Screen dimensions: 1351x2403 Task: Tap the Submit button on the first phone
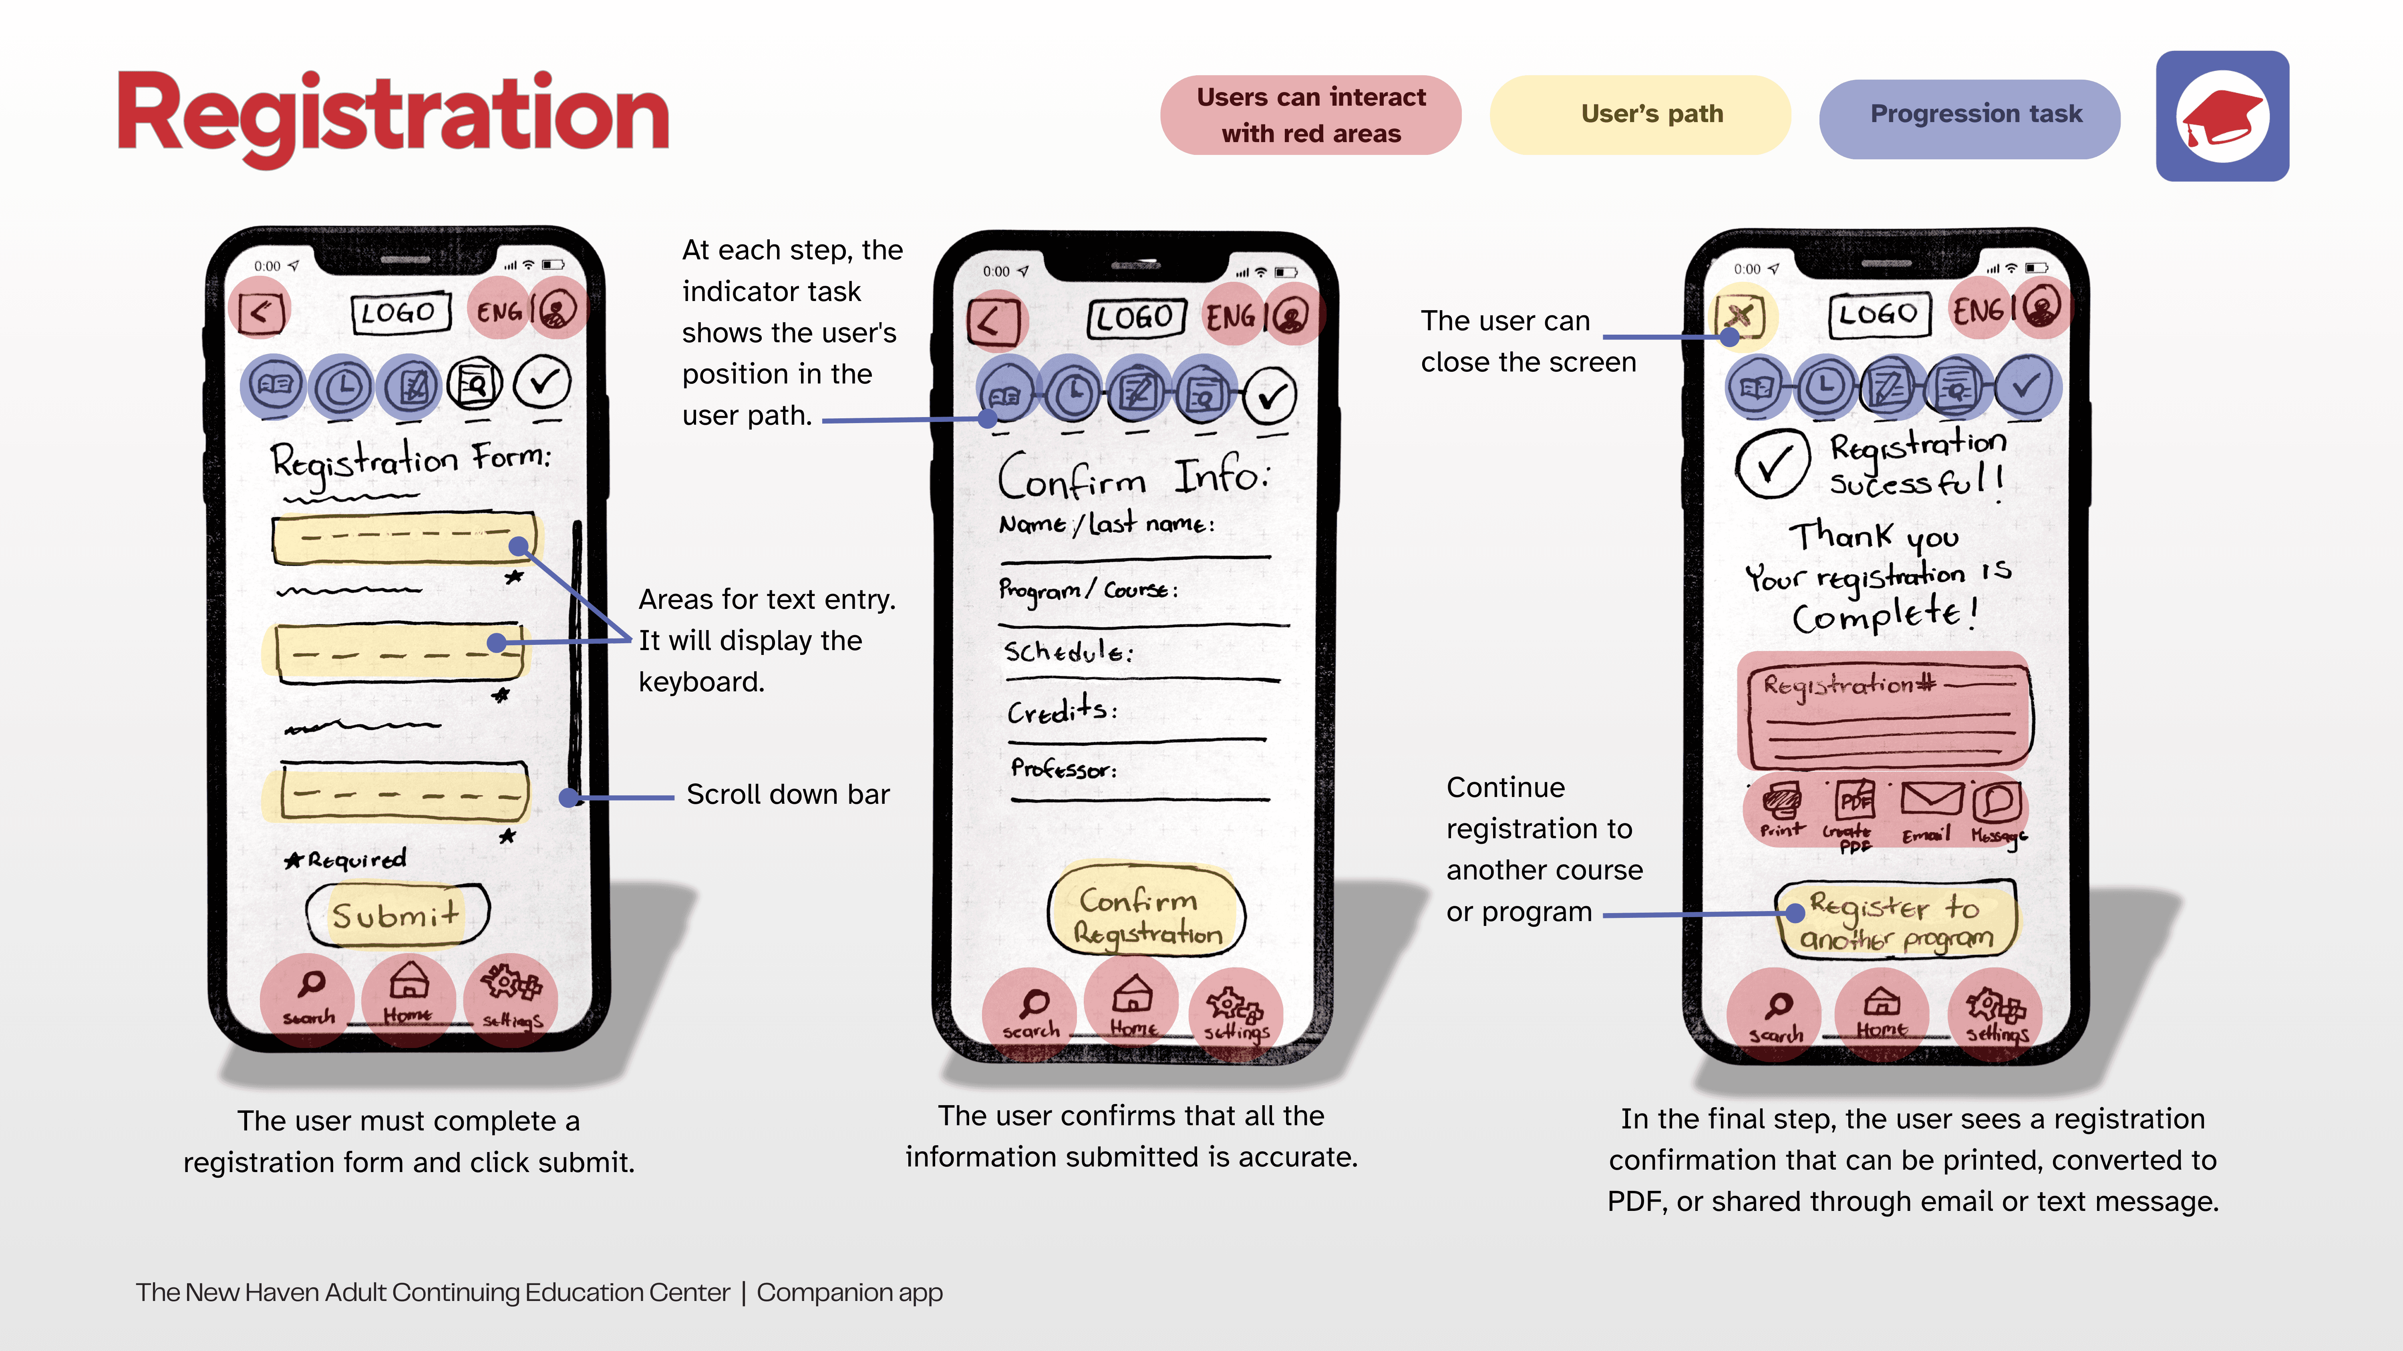pos(396,915)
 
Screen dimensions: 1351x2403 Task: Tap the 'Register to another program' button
pos(1896,921)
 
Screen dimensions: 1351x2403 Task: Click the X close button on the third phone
pos(1741,316)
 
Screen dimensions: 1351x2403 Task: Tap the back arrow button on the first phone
pos(260,311)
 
